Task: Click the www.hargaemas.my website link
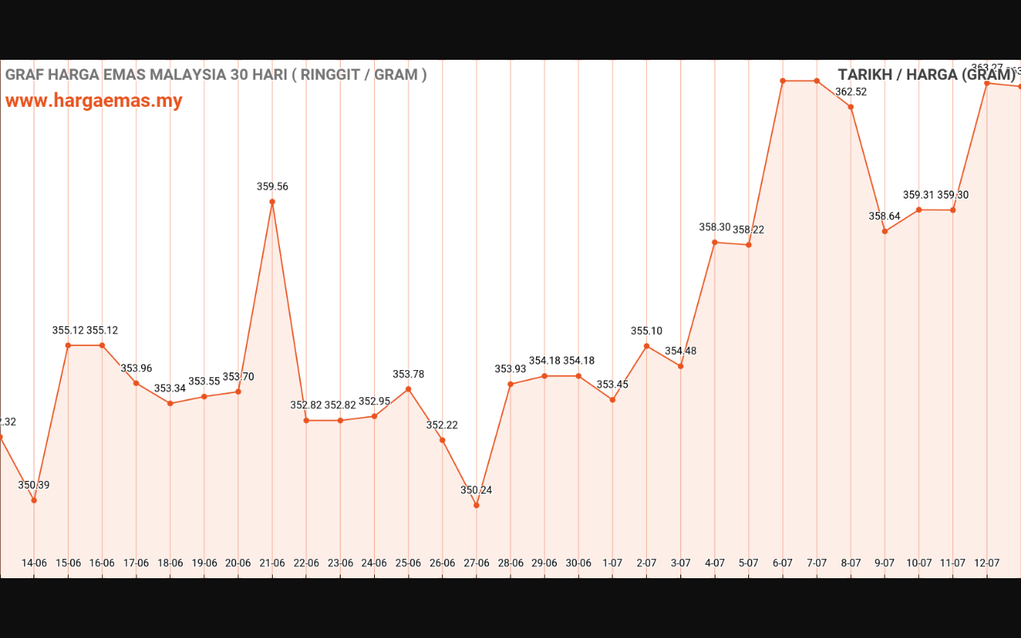94,101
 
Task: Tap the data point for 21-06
272,202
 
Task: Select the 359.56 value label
272,187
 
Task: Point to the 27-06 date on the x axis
476,563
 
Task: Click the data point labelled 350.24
476,505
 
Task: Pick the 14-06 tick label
34,563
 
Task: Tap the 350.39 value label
34,485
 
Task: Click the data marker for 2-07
646,346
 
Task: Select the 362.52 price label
851,92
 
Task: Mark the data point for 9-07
885,231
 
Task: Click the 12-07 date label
987,563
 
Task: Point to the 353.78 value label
408,375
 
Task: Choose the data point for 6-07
783,81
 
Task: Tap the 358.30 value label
715,227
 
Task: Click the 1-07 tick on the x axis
613,563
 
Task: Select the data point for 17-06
136,383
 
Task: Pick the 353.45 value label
613,384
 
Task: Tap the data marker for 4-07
715,242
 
